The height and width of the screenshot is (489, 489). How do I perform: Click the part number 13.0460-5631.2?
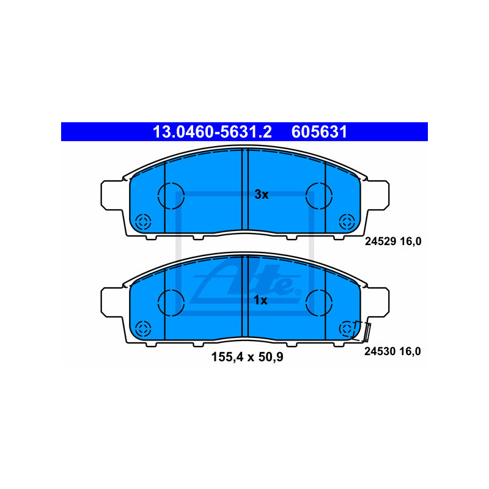pos(212,131)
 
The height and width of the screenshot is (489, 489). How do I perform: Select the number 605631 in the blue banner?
pos(319,131)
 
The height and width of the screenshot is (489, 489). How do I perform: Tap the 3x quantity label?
pos(262,194)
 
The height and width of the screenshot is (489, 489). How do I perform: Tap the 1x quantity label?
pos(260,300)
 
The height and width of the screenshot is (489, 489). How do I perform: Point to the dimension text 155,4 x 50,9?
pos(248,357)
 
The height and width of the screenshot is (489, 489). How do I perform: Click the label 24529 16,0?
pos(393,241)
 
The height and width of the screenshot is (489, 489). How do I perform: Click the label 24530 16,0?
pos(392,351)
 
